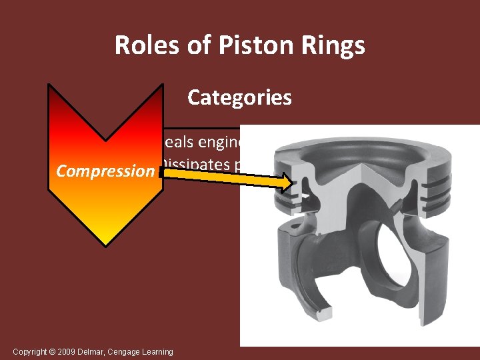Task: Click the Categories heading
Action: (239, 97)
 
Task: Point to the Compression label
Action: (105, 171)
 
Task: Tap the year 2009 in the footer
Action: (65, 351)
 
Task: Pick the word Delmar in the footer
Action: (89, 351)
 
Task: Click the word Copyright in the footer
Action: (29, 351)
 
